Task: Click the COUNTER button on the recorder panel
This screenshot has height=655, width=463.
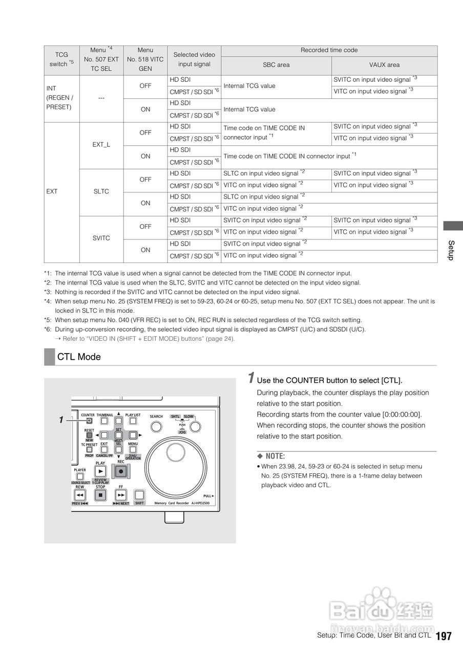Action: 89,421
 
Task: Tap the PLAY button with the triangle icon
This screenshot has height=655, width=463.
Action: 101,471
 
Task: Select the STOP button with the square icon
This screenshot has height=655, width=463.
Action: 101,495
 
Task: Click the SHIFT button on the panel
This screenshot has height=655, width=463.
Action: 139,495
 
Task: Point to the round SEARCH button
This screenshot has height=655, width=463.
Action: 156,427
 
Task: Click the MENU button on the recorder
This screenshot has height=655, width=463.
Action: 133,450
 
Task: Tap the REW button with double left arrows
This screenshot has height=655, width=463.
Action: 80,495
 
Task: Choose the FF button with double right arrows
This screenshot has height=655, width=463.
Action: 121,495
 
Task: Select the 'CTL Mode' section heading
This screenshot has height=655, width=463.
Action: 79,357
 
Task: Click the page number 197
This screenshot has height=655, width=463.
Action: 444,636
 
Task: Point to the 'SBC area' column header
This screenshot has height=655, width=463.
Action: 276,65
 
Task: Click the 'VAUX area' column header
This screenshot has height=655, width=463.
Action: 384,65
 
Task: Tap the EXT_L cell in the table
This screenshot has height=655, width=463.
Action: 101,145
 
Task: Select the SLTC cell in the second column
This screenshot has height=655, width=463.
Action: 101,191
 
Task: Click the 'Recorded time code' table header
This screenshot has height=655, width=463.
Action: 329,50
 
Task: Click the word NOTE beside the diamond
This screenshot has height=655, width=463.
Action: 275,456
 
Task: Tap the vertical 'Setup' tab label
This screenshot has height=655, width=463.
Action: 451,250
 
